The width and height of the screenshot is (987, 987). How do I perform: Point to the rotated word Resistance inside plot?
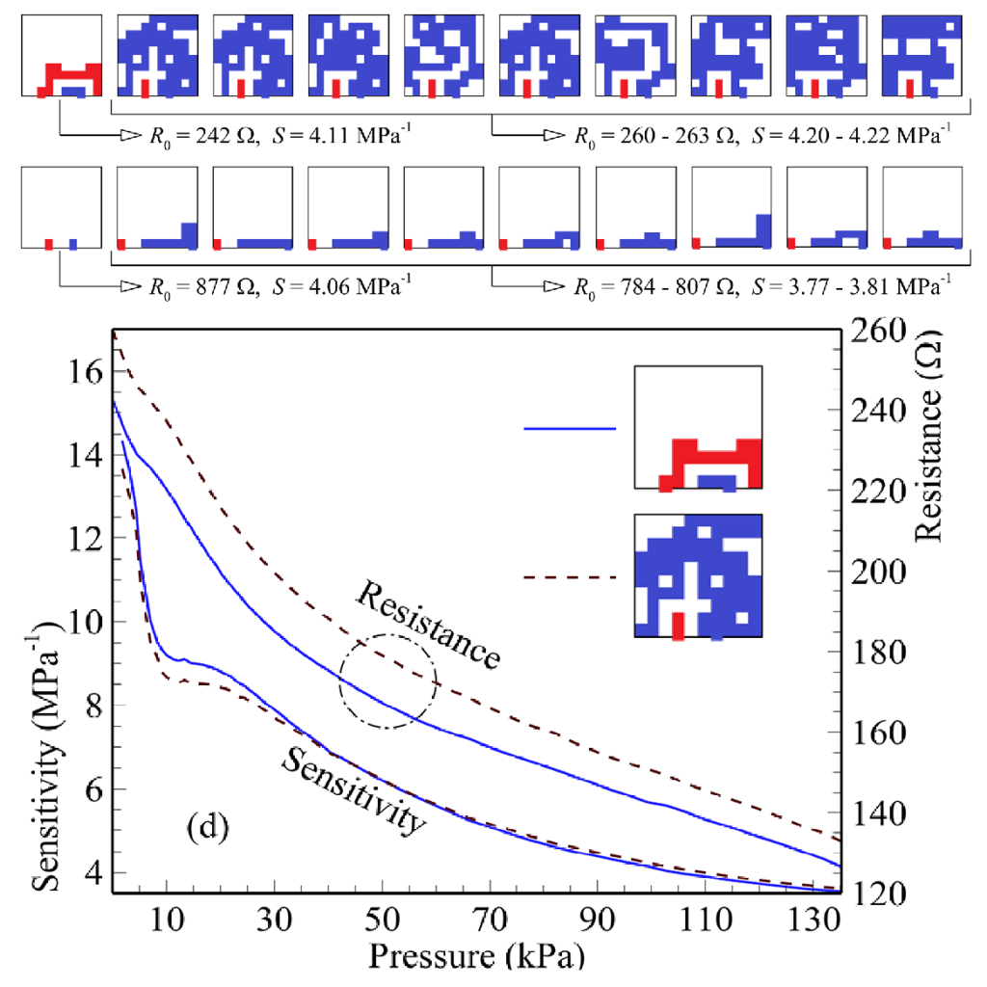pos(427,625)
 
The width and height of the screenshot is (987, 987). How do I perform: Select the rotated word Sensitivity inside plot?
pos(353,790)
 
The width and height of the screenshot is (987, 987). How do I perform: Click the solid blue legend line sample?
pos(570,427)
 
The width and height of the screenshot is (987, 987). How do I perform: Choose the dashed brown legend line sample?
pos(570,577)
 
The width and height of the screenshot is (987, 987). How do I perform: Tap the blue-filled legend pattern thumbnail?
pos(698,575)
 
